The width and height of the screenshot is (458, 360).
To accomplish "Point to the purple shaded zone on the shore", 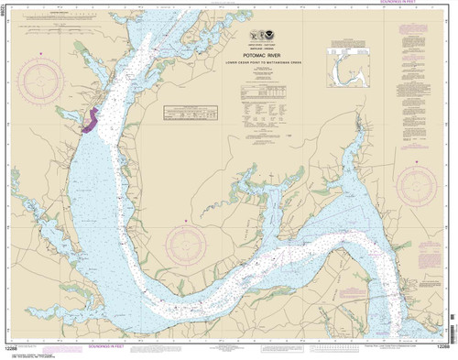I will click(x=91, y=123).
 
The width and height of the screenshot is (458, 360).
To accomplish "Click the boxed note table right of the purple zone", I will click(x=188, y=112).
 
